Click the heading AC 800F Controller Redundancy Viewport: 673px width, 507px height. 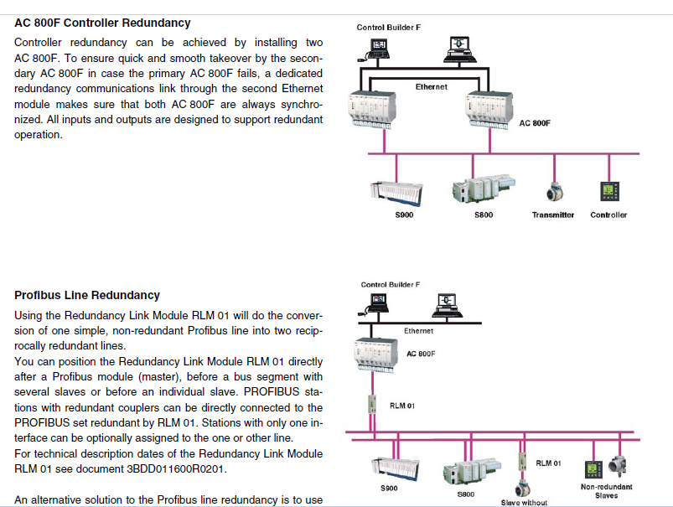coord(102,23)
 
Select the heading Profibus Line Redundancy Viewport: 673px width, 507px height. coord(87,295)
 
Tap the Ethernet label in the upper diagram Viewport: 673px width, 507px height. coord(431,87)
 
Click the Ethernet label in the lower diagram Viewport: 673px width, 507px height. coord(418,331)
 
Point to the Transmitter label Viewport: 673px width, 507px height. coord(553,215)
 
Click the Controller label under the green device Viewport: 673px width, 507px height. coord(608,215)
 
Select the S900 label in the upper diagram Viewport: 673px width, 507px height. coord(404,215)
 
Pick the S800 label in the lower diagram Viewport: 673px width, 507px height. coord(467,494)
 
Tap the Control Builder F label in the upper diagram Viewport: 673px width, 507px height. coord(389,28)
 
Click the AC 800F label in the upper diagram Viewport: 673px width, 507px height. coord(535,123)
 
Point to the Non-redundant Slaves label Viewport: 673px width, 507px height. coord(606,490)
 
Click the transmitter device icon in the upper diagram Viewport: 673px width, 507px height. coord(553,192)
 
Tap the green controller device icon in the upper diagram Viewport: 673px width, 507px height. coord(607,191)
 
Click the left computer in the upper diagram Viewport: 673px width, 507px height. coord(379,49)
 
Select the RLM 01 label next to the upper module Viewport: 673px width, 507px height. coord(402,406)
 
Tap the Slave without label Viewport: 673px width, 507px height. coord(524,502)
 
